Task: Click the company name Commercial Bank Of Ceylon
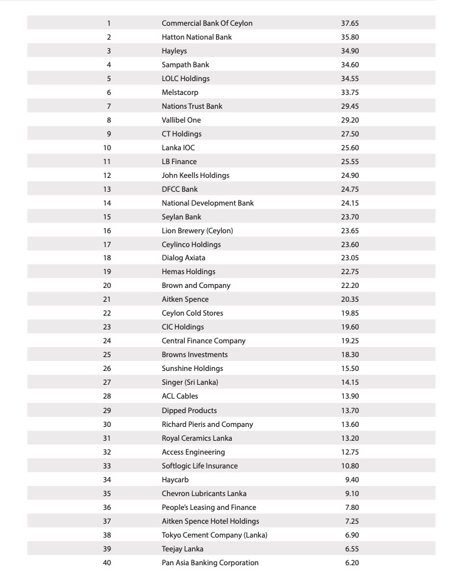tap(207, 23)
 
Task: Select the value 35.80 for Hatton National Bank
tap(349, 37)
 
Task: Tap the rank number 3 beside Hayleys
tap(109, 51)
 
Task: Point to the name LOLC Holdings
tap(185, 79)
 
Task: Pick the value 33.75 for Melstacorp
tap(349, 92)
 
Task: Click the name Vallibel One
tap(181, 120)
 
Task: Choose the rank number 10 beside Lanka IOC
tap(107, 148)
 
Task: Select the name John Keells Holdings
tap(195, 175)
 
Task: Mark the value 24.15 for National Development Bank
tap(349, 203)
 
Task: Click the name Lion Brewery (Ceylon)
tap(197, 231)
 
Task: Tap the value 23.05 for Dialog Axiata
tap(349, 258)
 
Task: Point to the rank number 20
tap(107, 285)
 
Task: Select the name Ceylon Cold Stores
tap(192, 313)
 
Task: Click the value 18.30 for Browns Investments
tap(349, 355)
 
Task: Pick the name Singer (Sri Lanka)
tap(190, 382)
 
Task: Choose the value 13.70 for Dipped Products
tap(349, 411)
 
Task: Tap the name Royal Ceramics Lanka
tap(197, 438)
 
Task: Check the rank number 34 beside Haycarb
tap(107, 480)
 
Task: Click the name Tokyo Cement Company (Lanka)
tap(214, 535)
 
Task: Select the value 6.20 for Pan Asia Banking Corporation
tap(352, 563)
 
